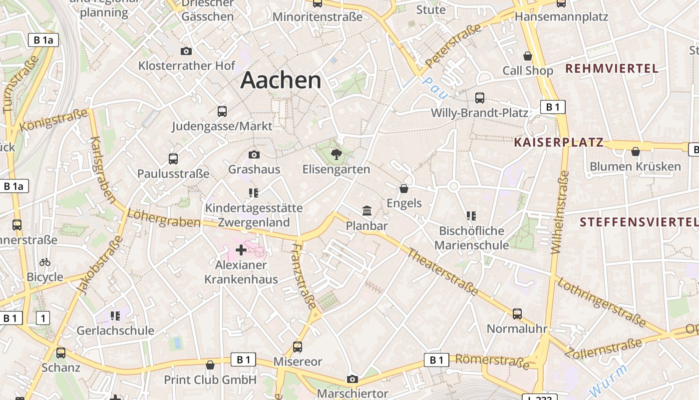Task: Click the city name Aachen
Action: (x=281, y=80)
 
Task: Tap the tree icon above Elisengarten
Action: (x=337, y=154)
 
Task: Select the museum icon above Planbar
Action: (x=367, y=210)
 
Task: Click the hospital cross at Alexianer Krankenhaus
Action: (x=241, y=249)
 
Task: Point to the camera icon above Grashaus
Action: (x=254, y=154)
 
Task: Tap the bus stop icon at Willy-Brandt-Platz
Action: (x=479, y=97)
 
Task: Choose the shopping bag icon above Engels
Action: (x=404, y=188)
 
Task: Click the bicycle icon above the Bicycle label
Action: (x=45, y=262)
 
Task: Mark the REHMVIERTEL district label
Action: (x=612, y=68)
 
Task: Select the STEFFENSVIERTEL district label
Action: (x=639, y=221)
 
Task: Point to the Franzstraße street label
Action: (x=304, y=276)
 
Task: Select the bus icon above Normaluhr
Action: (x=517, y=314)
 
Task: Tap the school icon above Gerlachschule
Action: (x=115, y=316)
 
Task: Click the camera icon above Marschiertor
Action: (x=352, y=379)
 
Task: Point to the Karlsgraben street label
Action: (x=103, y=170)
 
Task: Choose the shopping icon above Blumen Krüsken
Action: (x=635, y=151)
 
